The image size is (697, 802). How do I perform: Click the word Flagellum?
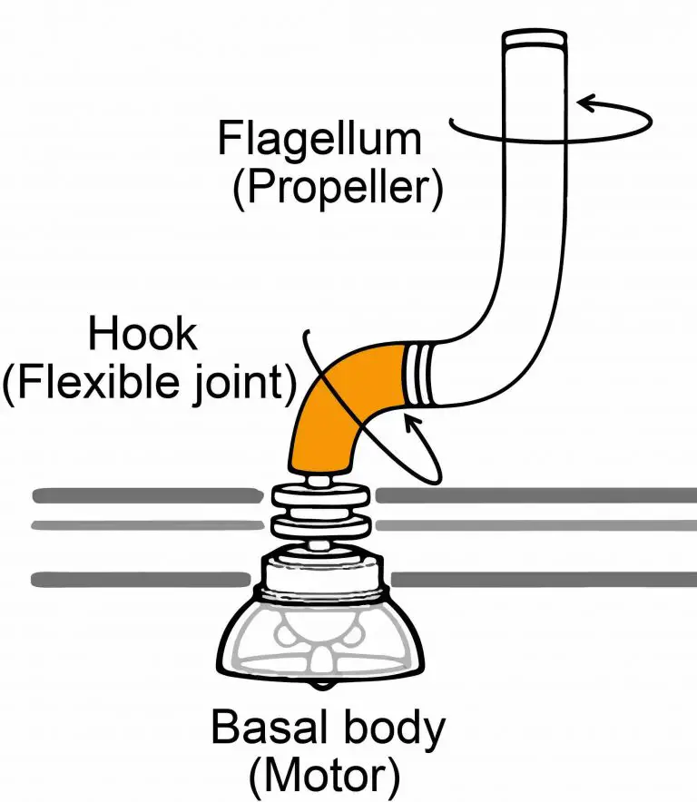pos(319,141)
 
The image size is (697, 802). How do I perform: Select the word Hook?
pos(142,336)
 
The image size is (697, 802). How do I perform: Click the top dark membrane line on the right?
pos(535,495)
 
